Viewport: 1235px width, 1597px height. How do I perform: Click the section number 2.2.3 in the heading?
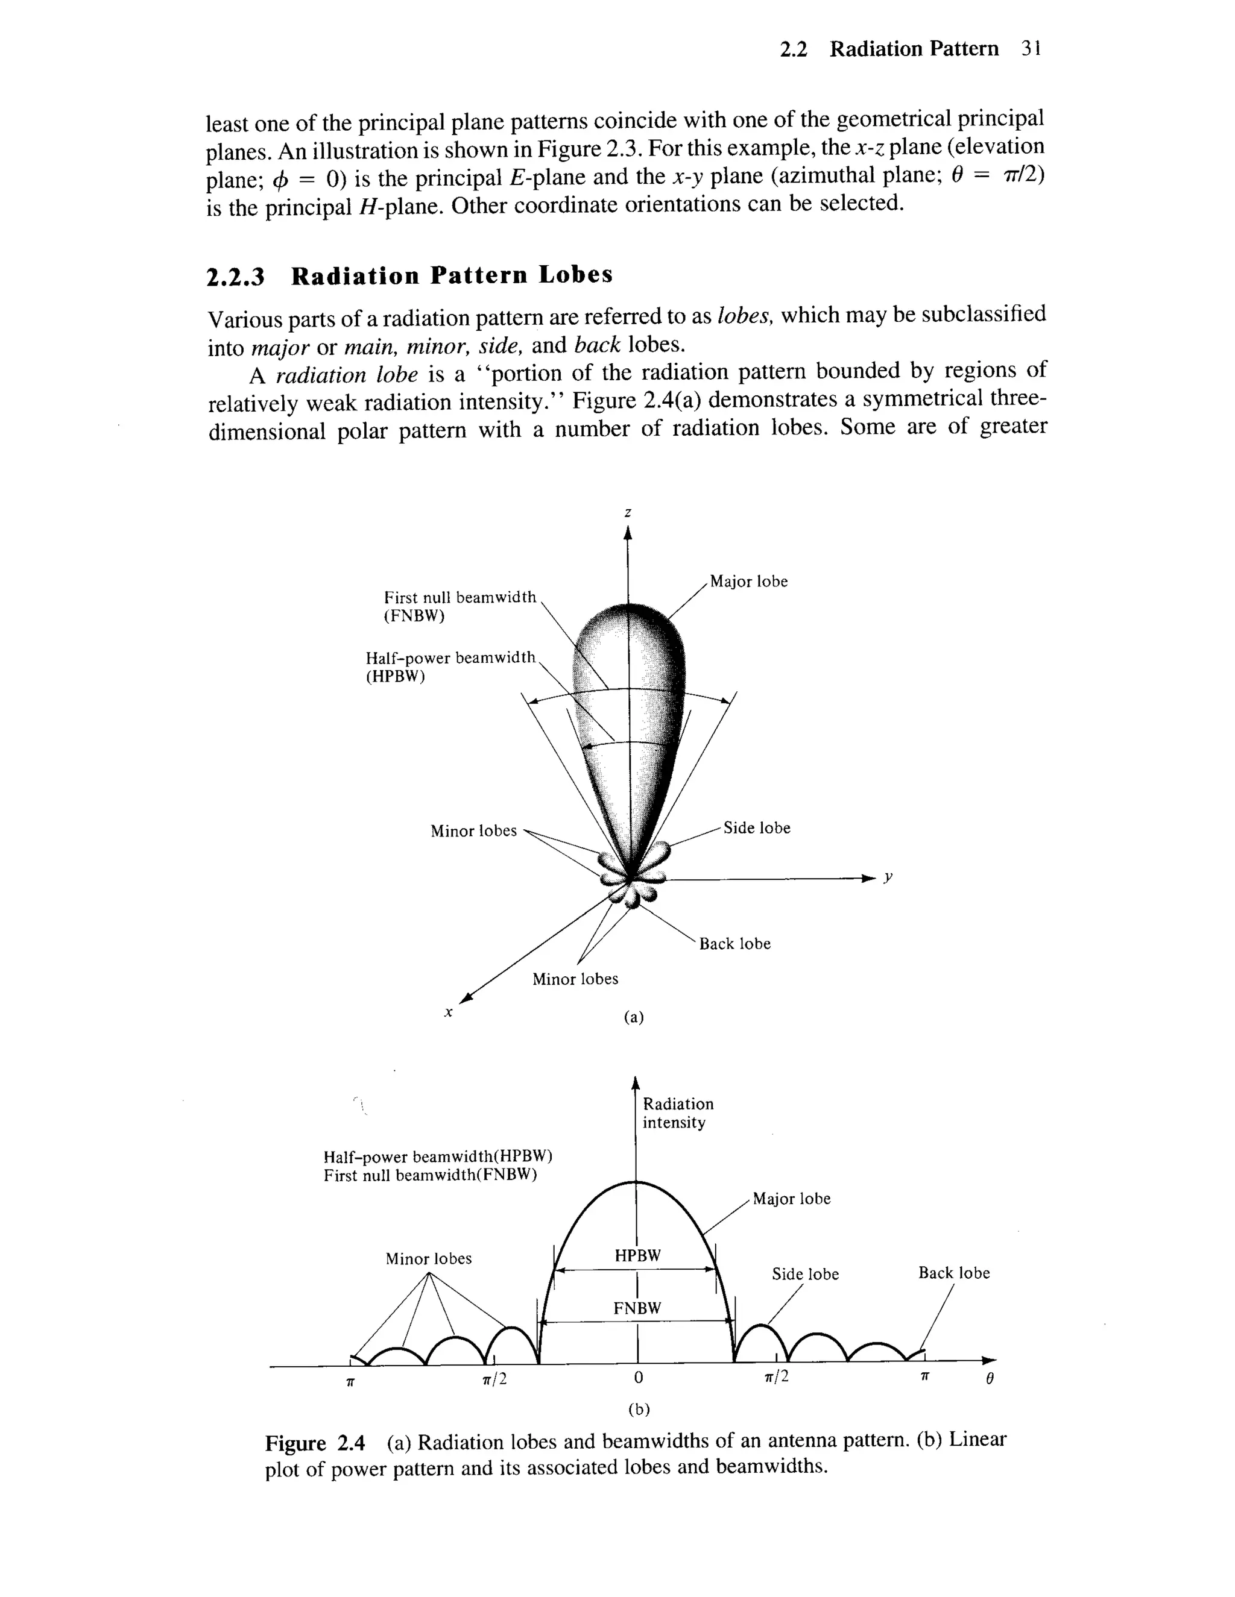(236, 277)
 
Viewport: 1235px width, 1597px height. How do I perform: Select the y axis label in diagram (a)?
(888, 877)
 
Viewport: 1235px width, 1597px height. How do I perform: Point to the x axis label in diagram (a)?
(449, 1013)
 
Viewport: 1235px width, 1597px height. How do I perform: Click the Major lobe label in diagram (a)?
(748, 582)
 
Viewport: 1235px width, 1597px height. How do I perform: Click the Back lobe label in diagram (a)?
(734, 944)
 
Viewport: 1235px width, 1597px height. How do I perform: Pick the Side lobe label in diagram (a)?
(757, 828)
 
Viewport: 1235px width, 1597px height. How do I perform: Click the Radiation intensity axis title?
(677, 1113)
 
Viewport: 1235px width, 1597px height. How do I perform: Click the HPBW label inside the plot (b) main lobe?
(637, 1255)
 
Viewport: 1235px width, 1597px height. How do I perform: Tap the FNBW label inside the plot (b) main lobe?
(637, 1308)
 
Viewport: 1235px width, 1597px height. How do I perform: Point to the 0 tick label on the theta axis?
(638, 1378)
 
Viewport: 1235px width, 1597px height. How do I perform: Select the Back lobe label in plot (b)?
(953, 1273)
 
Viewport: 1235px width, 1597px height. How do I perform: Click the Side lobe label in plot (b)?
(805, 1275)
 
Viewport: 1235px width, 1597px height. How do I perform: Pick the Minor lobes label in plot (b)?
(428, 1258)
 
